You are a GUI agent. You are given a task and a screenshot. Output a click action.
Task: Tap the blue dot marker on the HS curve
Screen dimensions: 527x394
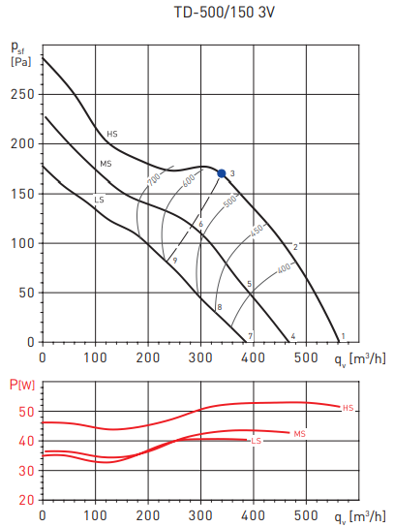(x=222, y=173)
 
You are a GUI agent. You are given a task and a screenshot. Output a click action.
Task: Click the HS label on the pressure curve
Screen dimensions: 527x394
(x=112, y=134)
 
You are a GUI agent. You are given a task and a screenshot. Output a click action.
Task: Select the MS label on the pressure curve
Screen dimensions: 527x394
(x=106, y=165)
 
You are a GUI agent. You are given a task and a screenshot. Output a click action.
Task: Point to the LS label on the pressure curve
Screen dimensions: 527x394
(x=99, y=199)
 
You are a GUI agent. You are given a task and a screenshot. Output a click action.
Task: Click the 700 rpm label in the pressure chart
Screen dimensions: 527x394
(x=153, y=180)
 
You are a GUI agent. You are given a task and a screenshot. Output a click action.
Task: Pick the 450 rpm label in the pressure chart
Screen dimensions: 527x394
(x=257, y=232)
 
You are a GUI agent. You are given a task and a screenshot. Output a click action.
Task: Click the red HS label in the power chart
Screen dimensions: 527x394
(x=349, y=408)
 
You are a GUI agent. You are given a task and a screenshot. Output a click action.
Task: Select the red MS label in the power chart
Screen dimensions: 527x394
(x=299, y=433)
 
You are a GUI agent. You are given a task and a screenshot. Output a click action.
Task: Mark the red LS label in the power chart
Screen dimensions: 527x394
(x=257, y=441)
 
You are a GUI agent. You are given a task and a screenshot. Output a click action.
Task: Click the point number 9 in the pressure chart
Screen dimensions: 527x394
(x=175, y=261)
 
